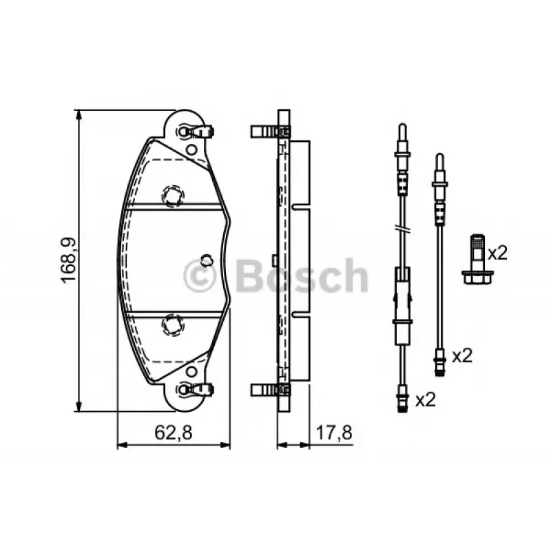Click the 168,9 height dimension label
68,260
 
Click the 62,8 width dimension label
174,433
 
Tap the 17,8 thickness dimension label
334,433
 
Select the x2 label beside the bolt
497,253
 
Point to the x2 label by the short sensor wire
462,356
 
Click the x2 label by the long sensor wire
426,399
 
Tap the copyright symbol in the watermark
199,276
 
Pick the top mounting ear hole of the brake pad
183,132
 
